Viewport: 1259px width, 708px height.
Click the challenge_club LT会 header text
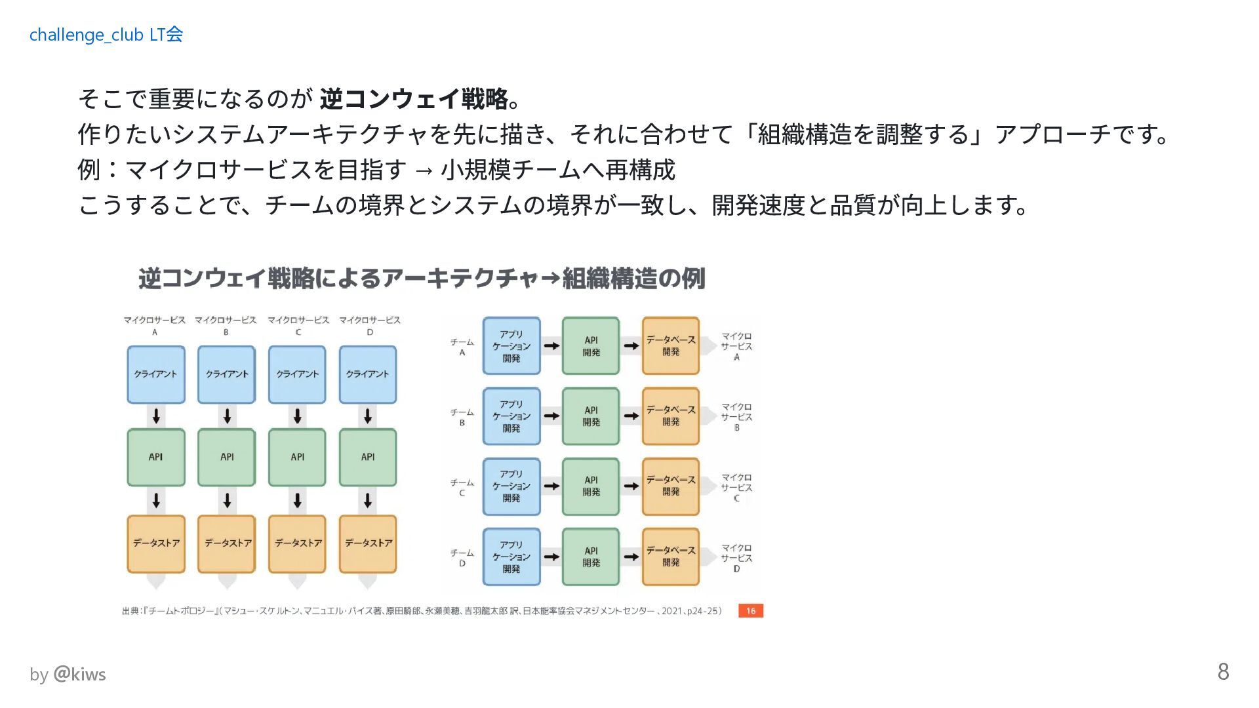click(106, 35)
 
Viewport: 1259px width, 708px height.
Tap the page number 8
click(1223, 672)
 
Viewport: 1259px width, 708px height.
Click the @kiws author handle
click(79, 674)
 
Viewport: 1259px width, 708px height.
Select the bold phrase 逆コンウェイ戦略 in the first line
click(414, 99)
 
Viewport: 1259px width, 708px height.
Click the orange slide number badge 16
click(750, 611)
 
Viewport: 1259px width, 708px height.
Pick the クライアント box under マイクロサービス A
click(156, 374)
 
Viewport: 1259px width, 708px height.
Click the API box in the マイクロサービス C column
click(297, 458)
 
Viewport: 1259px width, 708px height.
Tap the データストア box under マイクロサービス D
click(368, 543)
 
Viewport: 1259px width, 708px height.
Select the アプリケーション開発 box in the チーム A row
click(511, 346)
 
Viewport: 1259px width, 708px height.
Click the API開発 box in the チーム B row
click(591, 416)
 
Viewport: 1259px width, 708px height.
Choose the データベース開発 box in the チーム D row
click(670, 557)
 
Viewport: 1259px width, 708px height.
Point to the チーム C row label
click(462, 487)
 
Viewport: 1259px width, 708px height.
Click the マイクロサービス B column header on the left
click(226, 325)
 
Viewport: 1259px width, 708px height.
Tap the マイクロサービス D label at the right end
click(736, 558)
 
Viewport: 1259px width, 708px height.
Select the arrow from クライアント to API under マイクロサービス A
click(156, 416)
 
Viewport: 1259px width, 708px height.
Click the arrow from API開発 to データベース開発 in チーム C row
click(631, 486)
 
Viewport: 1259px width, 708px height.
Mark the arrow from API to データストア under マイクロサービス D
click(368, 501)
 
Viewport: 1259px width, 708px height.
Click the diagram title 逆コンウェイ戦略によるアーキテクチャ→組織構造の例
click(422, 279)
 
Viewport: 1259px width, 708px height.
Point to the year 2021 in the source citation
click(671, 611)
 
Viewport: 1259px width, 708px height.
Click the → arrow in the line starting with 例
click(424, 170)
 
